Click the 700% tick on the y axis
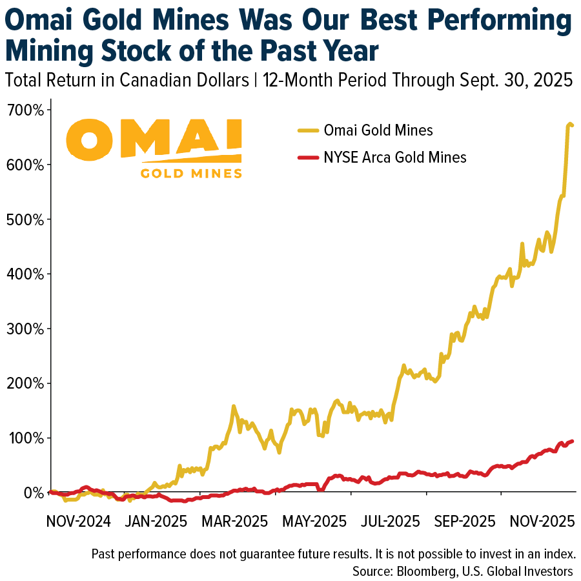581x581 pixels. coord(25,110)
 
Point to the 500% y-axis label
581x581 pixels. coord(25,219)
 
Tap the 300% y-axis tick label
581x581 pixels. coord(25,329)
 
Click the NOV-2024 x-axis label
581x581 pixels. coord(78,520)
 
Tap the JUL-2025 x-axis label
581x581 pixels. coord(386,520)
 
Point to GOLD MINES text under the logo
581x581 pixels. coord(191,172)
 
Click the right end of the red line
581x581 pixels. coord(573,441)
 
